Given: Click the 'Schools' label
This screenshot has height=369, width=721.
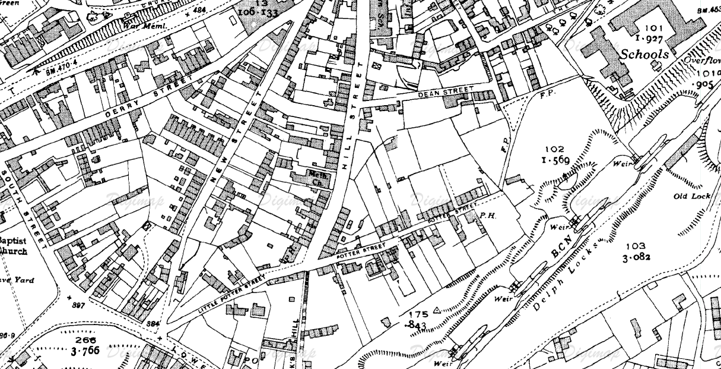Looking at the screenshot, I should click(x=645, y=53).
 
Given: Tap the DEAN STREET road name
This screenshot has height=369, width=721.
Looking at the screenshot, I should click(x=446, y=91).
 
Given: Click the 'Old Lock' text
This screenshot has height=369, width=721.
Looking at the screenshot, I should click(x=688, y=197).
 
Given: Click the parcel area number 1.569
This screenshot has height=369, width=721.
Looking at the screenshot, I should click(x=555, y=160).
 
